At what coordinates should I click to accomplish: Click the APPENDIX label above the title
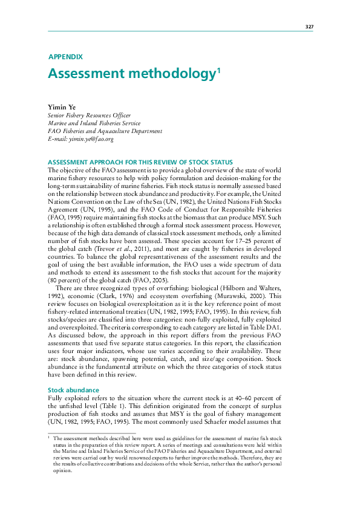point(65,57)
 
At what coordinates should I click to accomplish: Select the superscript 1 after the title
point(218,71)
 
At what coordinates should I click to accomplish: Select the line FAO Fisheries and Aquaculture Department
point(105,131)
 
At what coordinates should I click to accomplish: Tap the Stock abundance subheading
point(73,374)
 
